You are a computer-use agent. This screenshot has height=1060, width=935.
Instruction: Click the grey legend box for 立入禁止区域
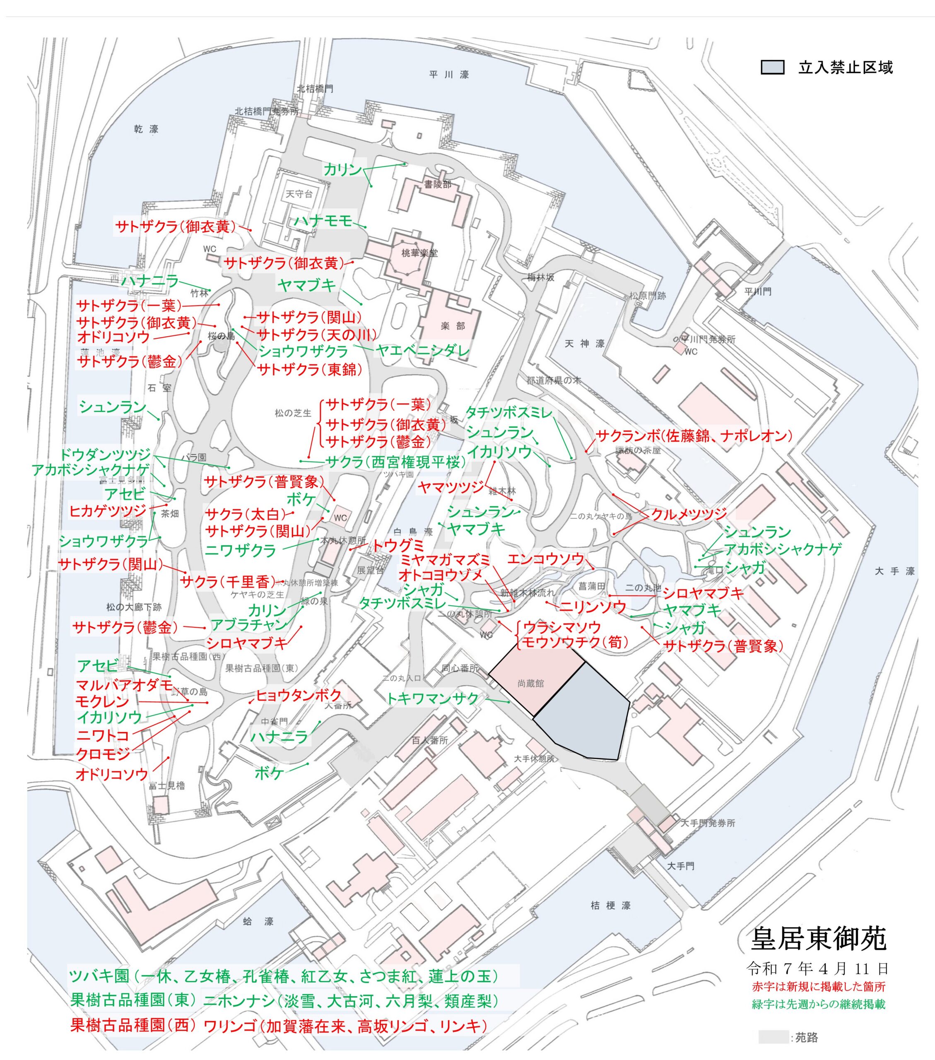coord(772,67)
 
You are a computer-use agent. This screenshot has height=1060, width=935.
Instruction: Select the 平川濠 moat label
coord(449,75)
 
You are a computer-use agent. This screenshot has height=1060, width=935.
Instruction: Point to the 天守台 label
coord(299,194)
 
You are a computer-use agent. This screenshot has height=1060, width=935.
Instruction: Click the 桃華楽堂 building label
coord(419,253)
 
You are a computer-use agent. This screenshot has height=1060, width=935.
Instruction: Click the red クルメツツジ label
coord(689,514)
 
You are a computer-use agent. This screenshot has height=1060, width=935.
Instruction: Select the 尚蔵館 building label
coord(530,684)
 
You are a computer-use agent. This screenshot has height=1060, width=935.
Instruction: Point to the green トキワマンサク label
coord(432,699)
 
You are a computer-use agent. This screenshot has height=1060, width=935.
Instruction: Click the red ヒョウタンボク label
coord(299,696)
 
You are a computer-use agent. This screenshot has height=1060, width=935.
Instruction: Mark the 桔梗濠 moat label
coord(610,906)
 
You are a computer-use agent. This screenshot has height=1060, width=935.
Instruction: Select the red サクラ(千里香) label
coord(227,581)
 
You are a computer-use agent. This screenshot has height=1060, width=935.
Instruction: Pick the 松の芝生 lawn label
coord(293,413)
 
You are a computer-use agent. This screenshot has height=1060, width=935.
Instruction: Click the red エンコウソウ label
coord(545,559)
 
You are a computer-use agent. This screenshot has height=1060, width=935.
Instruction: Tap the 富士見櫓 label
coord(166,785)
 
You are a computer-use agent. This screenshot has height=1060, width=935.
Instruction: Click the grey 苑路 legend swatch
coord(773,1037)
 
